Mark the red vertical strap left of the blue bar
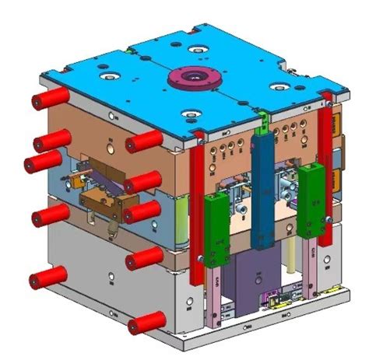(x=198, y=210)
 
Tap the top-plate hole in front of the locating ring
(x=190, y=116)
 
